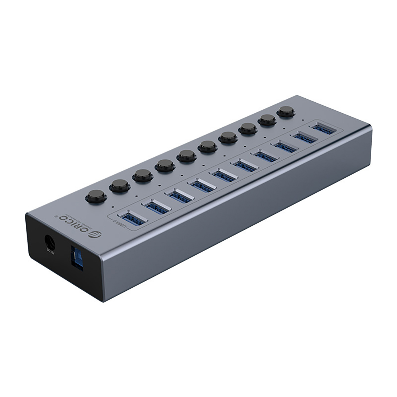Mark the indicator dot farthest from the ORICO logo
(303, 120)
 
